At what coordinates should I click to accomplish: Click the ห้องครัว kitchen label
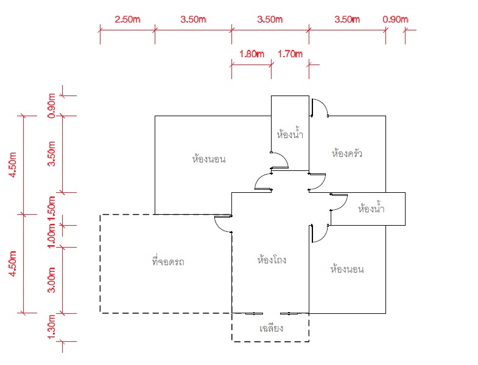(x=347, y=153)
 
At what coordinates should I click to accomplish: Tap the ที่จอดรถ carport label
(x=168, y=262)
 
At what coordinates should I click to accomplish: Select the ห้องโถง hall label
(x=272, y=260)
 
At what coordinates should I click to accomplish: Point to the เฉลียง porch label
(x=272, y=328)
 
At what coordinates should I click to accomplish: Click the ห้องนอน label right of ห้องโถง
(x=347, y=269)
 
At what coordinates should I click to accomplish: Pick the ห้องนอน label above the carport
(x=209, y=159)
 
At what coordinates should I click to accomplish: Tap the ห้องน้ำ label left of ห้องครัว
(x=290, y=134)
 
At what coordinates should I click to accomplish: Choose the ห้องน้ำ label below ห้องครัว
(x=371, y=209)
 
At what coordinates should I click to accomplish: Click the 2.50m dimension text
(x=127, y=19)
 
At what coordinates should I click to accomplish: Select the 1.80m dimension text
(x=251, y=54)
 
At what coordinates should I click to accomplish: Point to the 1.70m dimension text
(x=290, y=54)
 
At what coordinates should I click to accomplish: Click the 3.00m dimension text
(x=52, y=280)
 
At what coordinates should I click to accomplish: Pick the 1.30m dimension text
(x=52, y=327)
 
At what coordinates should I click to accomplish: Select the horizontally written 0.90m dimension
(x=395, y=19)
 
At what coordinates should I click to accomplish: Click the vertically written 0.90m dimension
(x=52, y=105)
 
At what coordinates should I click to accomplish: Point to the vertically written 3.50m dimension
(x=52, y=153)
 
